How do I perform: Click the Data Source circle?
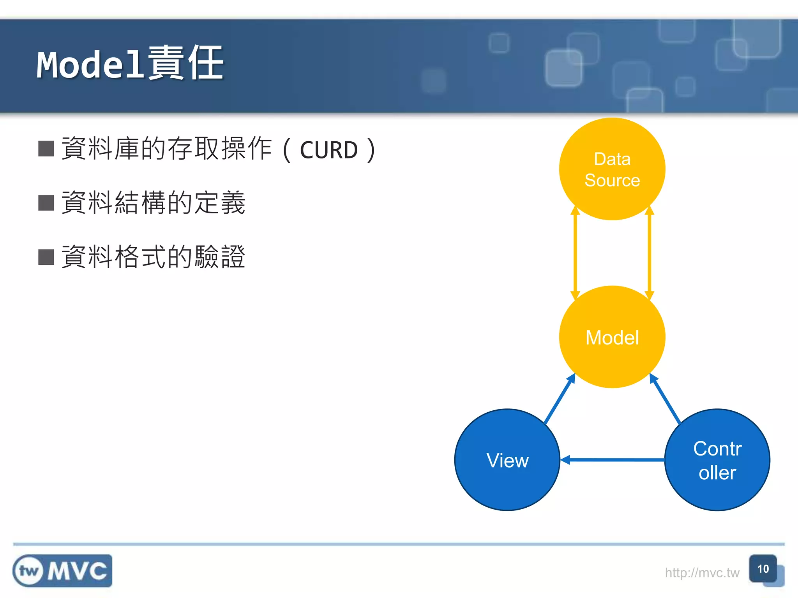tap(612, 169)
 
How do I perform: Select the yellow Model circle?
tap(612, 337)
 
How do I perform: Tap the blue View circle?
tap(507, 460)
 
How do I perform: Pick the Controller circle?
tap(717, 460)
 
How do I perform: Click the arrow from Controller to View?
tap(613, 460)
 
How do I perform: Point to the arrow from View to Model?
tap(560, 399)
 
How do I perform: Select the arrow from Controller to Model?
tap(665, 399)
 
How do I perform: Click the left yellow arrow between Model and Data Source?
tap(575, 253)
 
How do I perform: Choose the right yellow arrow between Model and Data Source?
tap(649, 253)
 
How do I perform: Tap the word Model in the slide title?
tap(90, 65)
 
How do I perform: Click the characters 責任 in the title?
tap(185, 63)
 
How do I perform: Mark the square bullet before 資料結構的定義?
tap(46, 203)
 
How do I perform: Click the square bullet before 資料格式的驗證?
tap(46, 257)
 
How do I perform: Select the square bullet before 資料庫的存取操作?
tap(46, 149)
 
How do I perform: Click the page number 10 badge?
tap(763, 569)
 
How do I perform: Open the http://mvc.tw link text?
tap(702, 573)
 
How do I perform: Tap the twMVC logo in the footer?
tap(62, 571)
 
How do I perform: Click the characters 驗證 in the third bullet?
tap(220, 257)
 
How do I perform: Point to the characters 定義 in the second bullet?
tap(220, 203)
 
